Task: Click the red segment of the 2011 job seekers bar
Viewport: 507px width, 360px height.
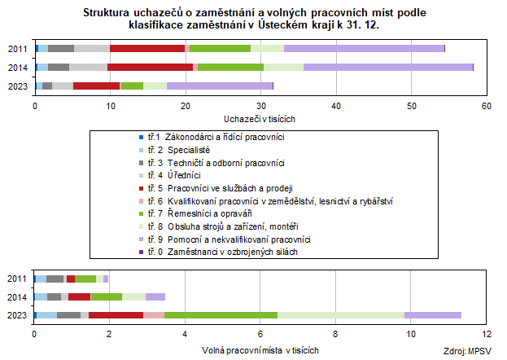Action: pos(147,48)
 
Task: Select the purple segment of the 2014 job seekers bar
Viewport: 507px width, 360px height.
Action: pos(387,66)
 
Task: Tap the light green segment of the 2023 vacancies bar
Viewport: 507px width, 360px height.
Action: pos(341,314)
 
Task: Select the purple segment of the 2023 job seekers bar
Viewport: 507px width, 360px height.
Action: pos(220,85)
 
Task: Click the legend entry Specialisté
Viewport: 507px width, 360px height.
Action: pos(188,151)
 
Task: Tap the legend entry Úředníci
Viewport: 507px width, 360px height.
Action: pos(184,176)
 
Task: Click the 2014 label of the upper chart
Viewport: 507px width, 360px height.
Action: pos(17,67)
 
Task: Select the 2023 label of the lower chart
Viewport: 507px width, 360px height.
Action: pos(17,315)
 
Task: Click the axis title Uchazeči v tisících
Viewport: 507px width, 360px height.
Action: pos(260,118)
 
